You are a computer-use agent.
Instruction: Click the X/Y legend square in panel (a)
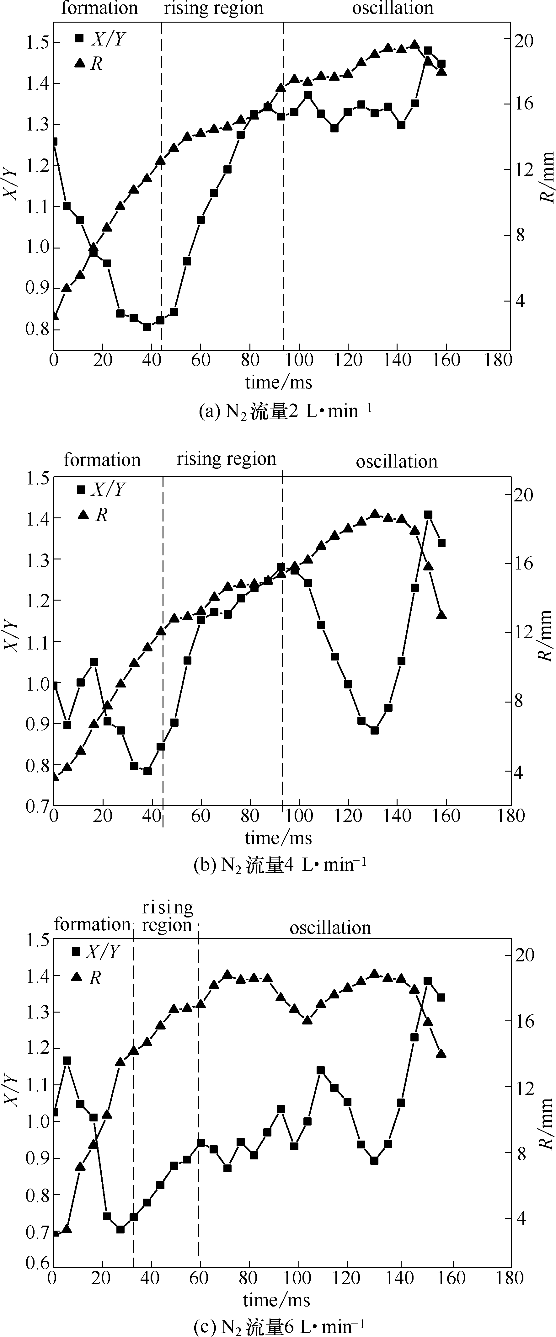click(x=79, y=38)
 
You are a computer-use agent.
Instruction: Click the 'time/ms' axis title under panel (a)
click(x=279, y=382)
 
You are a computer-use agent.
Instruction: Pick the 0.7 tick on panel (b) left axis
click(x=37, y=806)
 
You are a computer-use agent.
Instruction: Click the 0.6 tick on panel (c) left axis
click(x=37, y=1263)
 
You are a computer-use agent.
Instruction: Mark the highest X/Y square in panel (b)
click(x=428, y=514)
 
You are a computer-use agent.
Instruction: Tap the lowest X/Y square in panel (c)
click(x=120, y=1229)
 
